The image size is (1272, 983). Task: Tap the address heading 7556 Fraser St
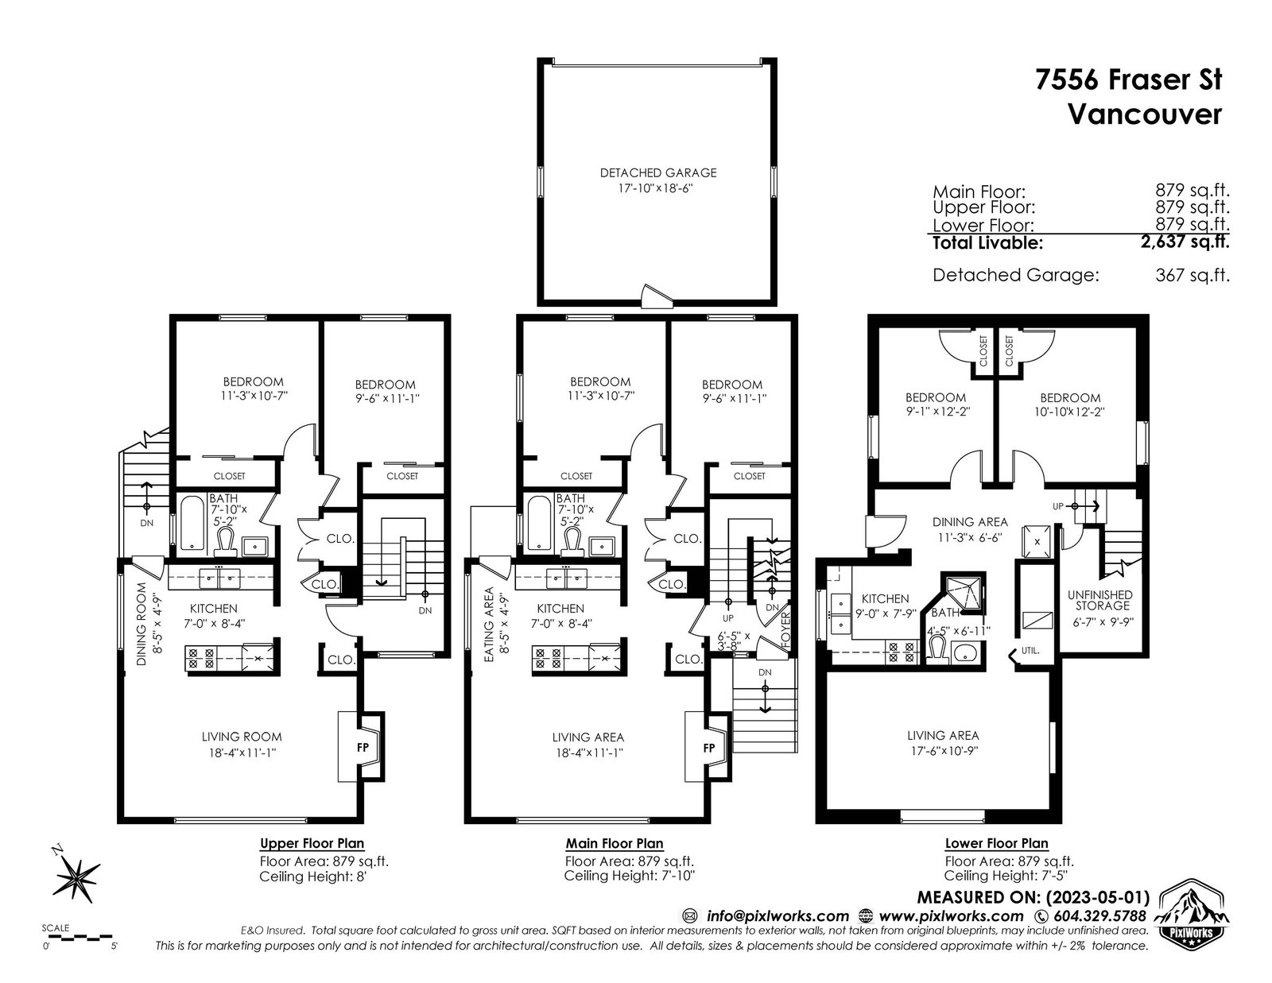click(x=1129, y=79)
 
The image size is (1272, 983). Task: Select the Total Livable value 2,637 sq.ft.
click(x=1185, y=241)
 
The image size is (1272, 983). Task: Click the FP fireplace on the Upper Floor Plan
click(x=363, y=747)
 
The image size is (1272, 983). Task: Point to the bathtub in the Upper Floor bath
click(x=192, y=523)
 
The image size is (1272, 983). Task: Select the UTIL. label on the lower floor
click(x=1030, y=650)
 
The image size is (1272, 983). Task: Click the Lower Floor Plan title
click(x=996, y=843)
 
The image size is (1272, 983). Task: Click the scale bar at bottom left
click(x=79, y=938)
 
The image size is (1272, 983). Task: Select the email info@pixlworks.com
click(x=778, y=915)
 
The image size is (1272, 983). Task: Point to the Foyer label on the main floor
click(x=785, y=630)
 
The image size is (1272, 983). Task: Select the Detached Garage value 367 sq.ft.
click(x=1192, y=275)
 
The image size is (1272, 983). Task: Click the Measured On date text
click(x=1033, y=897)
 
